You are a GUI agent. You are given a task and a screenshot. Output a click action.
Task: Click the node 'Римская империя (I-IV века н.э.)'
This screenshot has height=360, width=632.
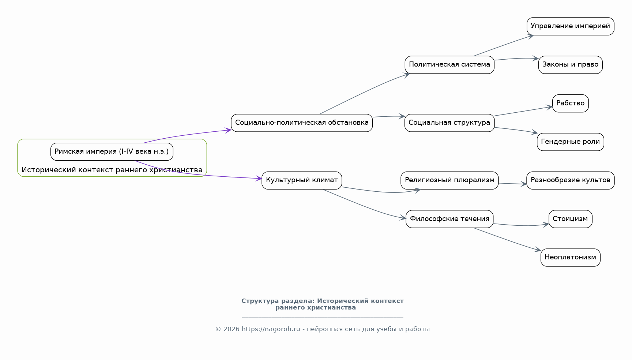click(x=112, y=151)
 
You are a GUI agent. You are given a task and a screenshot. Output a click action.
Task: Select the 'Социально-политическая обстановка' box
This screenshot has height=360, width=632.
click(x=302, y=123)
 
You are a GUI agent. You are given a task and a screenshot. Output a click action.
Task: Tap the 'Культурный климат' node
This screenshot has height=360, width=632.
click(x=302, y=180)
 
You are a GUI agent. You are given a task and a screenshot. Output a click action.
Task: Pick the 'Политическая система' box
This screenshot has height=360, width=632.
click(x=449, y=65)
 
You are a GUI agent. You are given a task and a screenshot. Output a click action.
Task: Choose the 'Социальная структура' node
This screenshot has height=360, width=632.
click(x=449, y=123)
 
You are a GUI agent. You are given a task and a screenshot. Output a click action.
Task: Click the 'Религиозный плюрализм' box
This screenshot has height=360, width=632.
click(x=449, y=180)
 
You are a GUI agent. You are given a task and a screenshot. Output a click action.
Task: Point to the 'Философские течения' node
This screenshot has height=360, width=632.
click(x=449, y=219)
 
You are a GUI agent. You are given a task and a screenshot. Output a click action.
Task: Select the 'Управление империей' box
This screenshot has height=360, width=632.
click(x=571, y=26)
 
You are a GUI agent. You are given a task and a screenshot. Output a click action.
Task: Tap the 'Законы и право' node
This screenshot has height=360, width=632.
click(x=571, y=65)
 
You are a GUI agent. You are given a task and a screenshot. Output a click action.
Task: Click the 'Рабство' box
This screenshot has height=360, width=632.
click(x=571, y=104)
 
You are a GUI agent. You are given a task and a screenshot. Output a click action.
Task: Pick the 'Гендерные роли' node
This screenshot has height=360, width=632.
click(x=571, y=142)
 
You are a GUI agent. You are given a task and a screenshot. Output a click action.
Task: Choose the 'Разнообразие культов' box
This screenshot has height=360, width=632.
click(x=571, y=180)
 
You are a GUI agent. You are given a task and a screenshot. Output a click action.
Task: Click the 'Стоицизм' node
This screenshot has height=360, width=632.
click(x=571, y=219)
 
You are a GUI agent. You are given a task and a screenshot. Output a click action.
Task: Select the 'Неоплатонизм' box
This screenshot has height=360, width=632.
click(x=571, y=258)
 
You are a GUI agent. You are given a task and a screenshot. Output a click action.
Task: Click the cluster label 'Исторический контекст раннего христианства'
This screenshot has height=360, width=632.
click(x=112, y=170)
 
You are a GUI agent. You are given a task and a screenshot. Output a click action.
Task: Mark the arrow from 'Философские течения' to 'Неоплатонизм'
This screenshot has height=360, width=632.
click(x=508, y=240)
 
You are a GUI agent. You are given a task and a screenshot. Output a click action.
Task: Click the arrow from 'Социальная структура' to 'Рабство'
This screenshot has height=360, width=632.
click(x=523, y=111)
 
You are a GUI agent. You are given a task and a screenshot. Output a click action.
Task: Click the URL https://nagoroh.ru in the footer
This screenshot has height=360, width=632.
click(x=271, y=329)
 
